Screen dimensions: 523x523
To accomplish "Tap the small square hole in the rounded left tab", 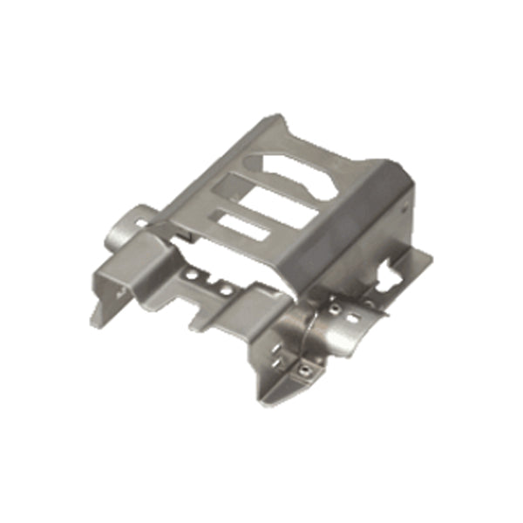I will [x=139, y=223].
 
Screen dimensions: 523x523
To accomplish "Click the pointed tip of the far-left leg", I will [x=92, y=321].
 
